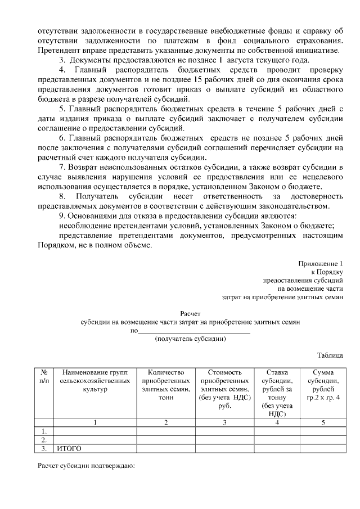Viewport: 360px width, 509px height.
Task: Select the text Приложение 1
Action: (x=321, y=263)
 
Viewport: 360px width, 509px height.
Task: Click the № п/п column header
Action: (x=44, y=376)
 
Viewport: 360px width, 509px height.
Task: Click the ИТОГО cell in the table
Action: (x=68, y=448)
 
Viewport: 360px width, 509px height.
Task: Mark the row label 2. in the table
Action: (x=44, y=440)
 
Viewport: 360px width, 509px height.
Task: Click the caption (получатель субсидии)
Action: (x=190, y=339)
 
